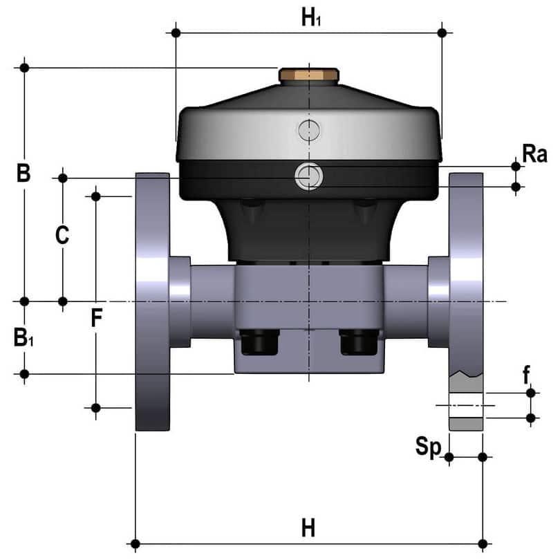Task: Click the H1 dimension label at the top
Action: click(x=311, y=17)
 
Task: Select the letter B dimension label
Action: click(x=24, y=173)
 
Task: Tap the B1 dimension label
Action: click(x=24, y=337)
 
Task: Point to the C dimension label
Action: click(x=62, y=235)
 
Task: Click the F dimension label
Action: click(x=97, y=317)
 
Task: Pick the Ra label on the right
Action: click(x=534, y=154)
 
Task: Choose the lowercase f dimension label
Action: click(x=526, y=375)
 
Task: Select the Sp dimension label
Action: click(x=428, y=447)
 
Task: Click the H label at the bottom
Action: click(x=308, y=528)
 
